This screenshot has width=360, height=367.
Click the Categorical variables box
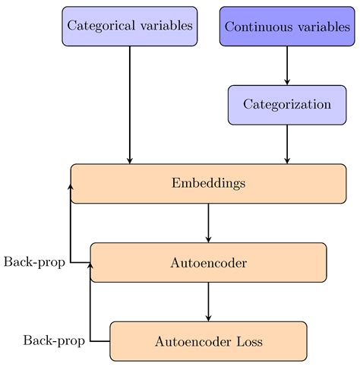coord(130,27)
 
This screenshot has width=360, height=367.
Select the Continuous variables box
coord(286,27)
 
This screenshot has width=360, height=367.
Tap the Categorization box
coord(286,105)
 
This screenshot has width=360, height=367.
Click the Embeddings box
coord(208,183)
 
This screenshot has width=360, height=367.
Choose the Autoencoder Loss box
coord(208,341)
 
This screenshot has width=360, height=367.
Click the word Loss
coord(248,341)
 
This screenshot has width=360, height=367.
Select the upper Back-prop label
coord(33,262)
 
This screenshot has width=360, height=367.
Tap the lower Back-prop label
coord(53,340)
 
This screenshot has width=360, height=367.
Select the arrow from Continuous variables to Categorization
coord(286,66)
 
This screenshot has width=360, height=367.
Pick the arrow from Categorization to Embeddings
coord(286,144)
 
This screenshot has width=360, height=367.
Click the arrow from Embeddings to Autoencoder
coord(208,223)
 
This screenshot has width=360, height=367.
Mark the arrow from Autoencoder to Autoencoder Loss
coord(208,302)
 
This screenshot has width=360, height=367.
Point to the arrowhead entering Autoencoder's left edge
coord(90,265)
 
